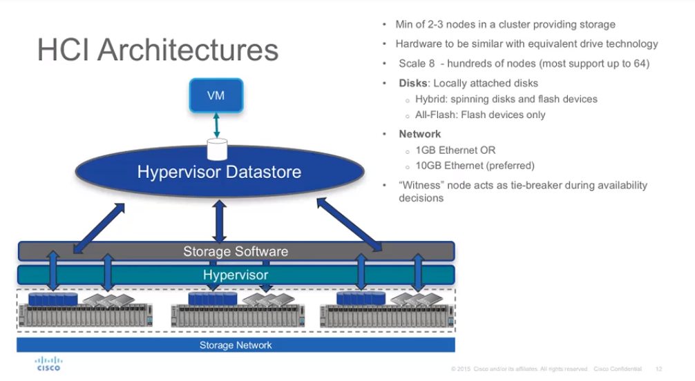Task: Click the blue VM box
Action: coord(216,95)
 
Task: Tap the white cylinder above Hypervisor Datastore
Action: coord(217,149)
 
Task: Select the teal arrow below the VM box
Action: coord(216,126)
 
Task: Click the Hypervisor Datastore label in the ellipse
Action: coord(219,172)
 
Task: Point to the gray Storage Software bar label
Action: coord(236,252)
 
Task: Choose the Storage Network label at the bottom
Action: coord(236,345)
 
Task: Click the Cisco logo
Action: coord(48,363)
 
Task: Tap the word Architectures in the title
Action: coord(188,50)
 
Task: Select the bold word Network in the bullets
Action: coord(420,134)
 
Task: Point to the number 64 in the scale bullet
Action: coord(640,63)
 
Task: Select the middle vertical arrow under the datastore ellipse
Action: coord(220,221)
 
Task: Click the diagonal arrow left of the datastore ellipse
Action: coord(99,228)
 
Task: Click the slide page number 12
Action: coord(658,369)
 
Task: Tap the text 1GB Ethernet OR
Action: coord(455,150)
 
